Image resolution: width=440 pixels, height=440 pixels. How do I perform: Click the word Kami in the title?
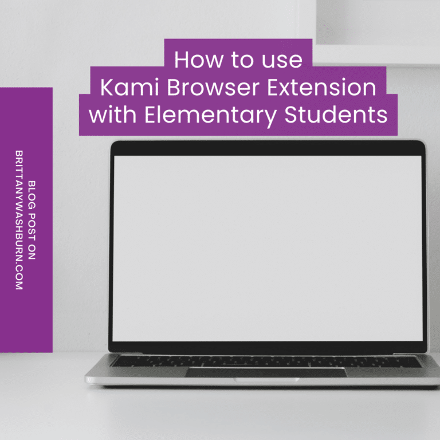click(x=123, y=88)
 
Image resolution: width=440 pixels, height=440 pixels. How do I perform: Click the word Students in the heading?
click(x=336, y=115)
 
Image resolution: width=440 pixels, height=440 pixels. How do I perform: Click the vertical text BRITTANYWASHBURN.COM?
click(x=19, y=220)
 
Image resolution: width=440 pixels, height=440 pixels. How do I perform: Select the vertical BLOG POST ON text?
click(x=32, y=220)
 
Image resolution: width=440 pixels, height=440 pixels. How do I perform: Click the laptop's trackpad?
click(x=265, y=372)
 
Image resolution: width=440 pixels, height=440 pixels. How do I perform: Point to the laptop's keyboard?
click(x=265, y=361)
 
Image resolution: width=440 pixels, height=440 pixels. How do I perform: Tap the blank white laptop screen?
click(x=268, y=246)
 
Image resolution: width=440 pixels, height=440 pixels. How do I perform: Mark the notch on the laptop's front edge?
click(x=266, y=380)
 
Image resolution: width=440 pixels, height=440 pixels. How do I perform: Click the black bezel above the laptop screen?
click(x=268, y=148)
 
